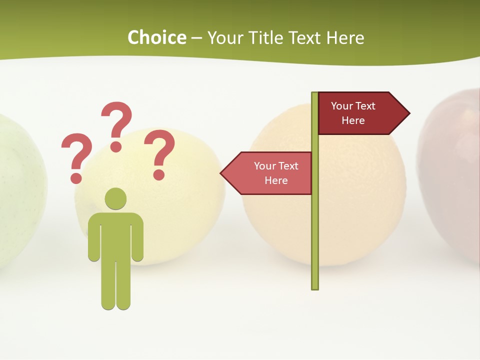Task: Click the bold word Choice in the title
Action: (156, 37)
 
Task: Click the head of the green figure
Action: (115, 198)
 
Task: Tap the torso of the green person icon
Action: (115, 235)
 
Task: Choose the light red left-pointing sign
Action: (270, 173)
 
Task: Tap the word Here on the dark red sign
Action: (353, 120)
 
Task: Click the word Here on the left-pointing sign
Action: (276, 180)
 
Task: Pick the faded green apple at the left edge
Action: (20, 190)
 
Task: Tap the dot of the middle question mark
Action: (116, 146)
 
